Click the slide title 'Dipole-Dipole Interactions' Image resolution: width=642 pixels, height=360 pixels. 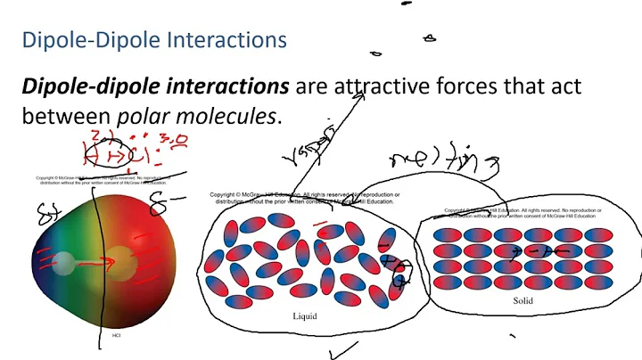coord(153,40)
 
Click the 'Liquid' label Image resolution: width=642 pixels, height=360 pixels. coord(305,316)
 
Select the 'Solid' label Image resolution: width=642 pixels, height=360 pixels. coord(523,301)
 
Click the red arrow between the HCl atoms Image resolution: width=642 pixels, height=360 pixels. coord(101,263)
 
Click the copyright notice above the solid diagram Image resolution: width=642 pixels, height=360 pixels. coord(523,213)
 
